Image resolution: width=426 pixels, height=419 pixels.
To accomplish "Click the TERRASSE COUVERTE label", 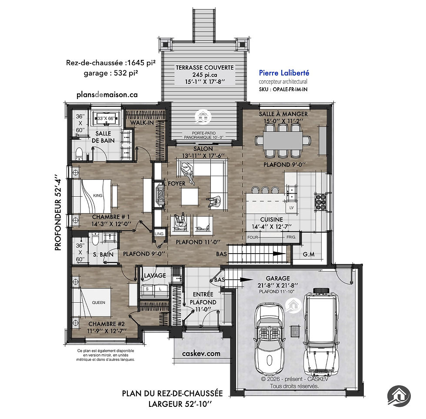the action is (205, 68).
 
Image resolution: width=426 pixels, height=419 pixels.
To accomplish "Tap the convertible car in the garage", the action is (269, 340).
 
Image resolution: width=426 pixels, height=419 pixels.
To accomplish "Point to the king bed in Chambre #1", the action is (92, 196).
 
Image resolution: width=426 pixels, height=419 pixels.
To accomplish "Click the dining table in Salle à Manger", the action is (283, 140).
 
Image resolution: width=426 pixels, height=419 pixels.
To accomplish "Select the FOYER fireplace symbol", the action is (160, 195).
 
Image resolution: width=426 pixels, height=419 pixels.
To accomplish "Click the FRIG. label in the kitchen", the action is (291, 237).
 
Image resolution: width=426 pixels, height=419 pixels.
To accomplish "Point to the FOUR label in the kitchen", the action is (253, 237).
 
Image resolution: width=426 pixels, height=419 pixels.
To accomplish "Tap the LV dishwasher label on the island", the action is (292, 208).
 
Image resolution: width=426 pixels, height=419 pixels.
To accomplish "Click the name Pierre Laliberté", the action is (284, 73).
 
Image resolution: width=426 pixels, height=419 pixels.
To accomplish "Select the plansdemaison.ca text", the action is (107, 95).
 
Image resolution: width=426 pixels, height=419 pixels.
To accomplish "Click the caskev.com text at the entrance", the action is (201, 353).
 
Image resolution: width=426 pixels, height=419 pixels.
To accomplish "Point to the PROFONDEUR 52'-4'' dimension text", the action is (58, 212).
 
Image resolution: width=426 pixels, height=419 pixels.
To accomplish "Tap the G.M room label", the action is (309, 254).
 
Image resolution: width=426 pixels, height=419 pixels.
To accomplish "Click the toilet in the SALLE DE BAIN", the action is (79, 154).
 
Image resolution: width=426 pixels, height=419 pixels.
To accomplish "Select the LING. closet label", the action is (159, 234).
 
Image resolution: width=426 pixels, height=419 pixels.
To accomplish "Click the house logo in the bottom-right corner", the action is (399, 396).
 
